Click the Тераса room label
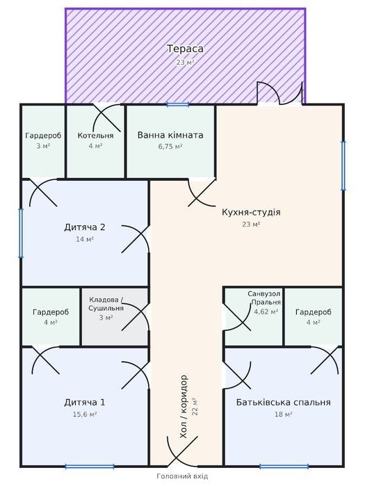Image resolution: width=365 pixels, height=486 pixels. tap(186, 49)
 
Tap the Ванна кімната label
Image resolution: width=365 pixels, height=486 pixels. tap(170, 135)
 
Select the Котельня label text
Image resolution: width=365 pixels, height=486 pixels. tap(95, 136)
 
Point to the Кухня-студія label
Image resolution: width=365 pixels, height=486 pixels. tap(251, 212)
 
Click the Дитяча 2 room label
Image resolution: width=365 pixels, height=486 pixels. tap(85, 227)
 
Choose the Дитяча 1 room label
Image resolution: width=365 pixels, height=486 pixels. tap(85, 403)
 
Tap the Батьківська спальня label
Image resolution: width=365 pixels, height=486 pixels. tap(283, 403)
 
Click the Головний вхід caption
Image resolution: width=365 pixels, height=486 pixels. tap(182, 476)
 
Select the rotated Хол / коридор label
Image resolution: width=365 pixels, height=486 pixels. tap(184, 407)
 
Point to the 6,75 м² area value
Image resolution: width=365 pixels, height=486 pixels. tap(170, 146)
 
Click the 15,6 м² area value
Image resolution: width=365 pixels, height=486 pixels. tap(85, 414)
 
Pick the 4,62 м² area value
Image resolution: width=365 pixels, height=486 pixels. tap(266, 311)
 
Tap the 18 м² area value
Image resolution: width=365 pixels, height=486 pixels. tap(283, 414)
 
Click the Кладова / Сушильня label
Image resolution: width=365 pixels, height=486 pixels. tap(106, 304)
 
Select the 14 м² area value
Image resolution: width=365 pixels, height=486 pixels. tap(85, 239)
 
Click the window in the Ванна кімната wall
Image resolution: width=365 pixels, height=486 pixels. tap(178, 105)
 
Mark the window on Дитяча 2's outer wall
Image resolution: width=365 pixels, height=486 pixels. tap(21, 233)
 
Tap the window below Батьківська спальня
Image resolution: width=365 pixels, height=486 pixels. tap(284, 467)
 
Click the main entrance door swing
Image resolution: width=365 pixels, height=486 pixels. tap(182, 452)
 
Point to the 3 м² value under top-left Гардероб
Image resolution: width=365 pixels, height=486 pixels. tap(43, 146)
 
